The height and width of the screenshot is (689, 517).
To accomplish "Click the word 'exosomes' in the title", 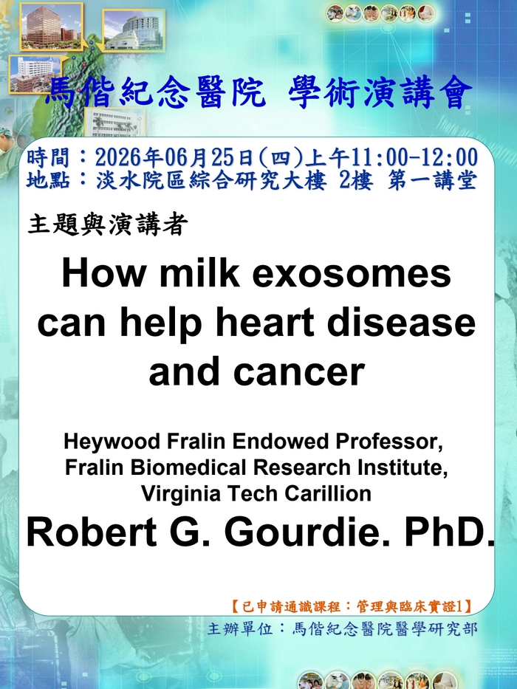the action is click(x=352, y=273).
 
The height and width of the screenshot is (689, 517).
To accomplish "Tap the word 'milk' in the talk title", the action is click(x=199, y=273).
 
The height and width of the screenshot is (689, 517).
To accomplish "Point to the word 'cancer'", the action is click(x=299, y=371).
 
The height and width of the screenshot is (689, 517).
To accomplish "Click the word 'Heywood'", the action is click(x=112, y=442).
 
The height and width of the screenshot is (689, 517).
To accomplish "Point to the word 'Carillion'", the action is click(x=327, y=493).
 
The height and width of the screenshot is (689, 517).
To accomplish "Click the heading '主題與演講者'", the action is click(x=108, y=224).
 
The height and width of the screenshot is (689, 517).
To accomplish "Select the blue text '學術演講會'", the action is click(x=380, y=92).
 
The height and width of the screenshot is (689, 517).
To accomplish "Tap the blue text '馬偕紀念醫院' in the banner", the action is click(x=156, y=92).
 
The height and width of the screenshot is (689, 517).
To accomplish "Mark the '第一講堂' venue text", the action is click(x=432, y=181).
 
